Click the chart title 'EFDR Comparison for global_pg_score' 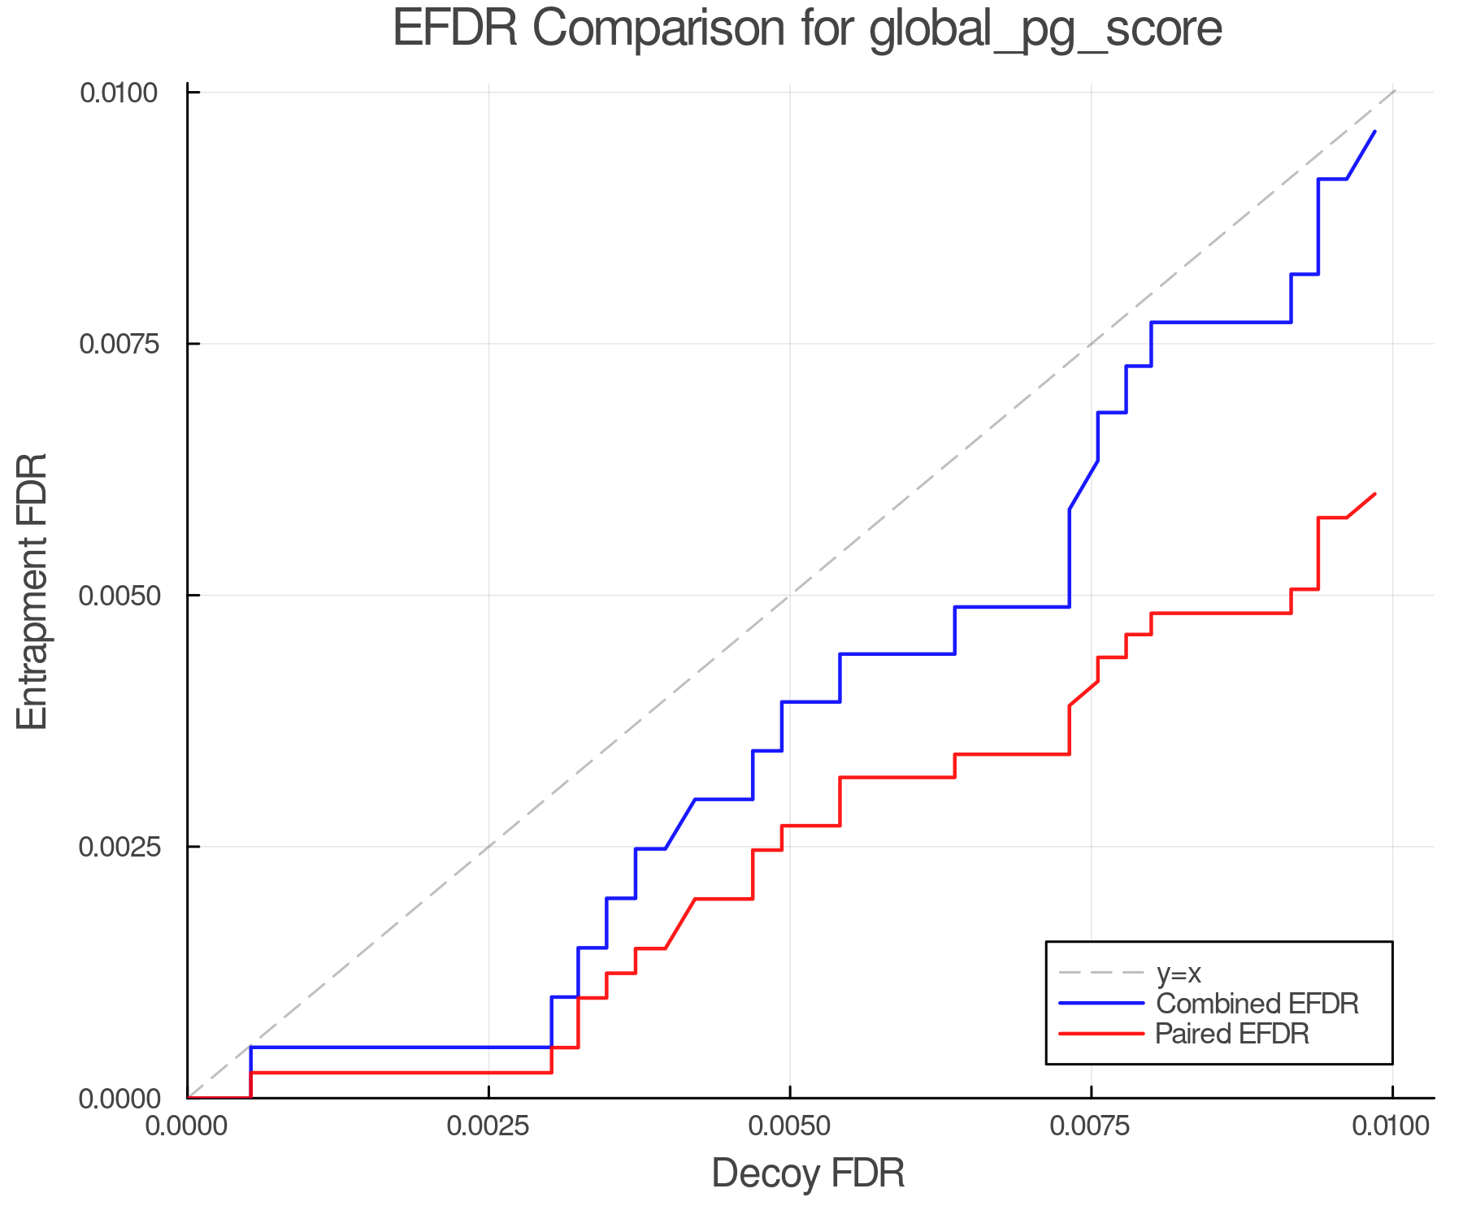pyautogui.click(x=807, y=29)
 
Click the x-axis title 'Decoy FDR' pyautogui.click(x=807, y=1173)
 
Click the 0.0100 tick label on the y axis pyautogui.click(x=119, y=93)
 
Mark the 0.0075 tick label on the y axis pyautogui.click(x=119, y=344)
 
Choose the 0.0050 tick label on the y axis pyautogui.click(x=119, y=596)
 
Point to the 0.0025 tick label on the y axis pyautogui.click(x=119, y=847)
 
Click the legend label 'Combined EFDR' pyautogui.click(x=1257, y=1004)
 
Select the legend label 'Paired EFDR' pyautogui.click(x=1232, y=1034)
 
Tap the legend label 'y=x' pyautogui.click(x=1179, y=973)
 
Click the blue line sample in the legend pyautogui.click(x=1101, y=1004)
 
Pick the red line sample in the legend pyautogui.click(x=1101, y=1034)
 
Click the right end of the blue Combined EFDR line pyautogui.click(x=1374, y=131)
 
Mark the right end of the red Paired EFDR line pyautogui.click(x=1374, y=494)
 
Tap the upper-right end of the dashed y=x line pyautogui.click(x=1394, y=91)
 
